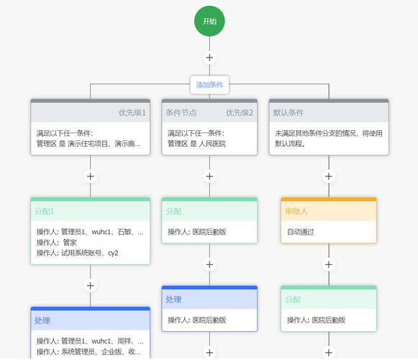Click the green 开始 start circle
[209, 21]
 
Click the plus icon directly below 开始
[209, 58]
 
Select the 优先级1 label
[132, 113]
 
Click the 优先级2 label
[240, 113]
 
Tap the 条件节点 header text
[181, 113]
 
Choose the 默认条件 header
[288, 113]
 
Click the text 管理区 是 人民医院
[196, 144]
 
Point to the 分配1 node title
[45, 212]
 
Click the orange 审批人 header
[296, 212]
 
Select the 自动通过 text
[301, 232]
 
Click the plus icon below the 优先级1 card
[90, 176]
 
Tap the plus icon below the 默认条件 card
[329, 176]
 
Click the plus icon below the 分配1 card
[90, 286]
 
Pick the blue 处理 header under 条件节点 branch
[173, 300]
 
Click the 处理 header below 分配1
[42, 320]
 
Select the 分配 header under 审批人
[293, 300]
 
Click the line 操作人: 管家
[57, 243]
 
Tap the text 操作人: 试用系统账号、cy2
[78, 253]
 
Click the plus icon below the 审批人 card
[329, 264]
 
